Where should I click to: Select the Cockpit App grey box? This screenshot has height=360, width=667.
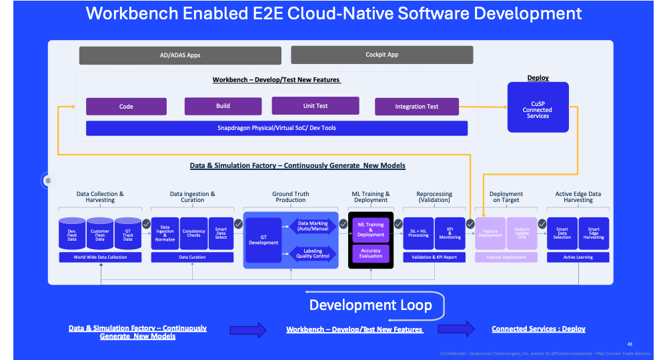tap(382, 55)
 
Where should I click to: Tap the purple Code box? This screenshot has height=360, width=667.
tap(126, 107)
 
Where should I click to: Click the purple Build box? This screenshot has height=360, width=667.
tap(223, 106)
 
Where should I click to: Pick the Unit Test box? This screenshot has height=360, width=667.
tap(315, 105)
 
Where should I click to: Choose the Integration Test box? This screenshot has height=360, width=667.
tap(416, 107)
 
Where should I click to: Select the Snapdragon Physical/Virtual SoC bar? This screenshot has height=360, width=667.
tap(277, 128)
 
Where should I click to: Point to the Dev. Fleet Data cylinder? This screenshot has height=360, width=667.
tap(72, 234)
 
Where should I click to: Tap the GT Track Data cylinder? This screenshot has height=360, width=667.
tap(127, 234)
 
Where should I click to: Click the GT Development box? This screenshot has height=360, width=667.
tap(263, 239)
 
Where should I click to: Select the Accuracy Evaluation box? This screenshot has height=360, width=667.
tap(371, 253)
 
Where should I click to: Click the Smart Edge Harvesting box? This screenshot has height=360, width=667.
tap(594, 233)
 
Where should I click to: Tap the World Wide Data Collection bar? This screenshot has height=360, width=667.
tap(99, 257)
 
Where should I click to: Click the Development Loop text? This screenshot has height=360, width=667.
tap(370, 305)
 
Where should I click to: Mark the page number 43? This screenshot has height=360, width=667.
tap(630, 344)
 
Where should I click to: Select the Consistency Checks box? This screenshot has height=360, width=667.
tap(194, 233)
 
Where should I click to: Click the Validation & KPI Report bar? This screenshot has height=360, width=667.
tap(434, 257)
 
